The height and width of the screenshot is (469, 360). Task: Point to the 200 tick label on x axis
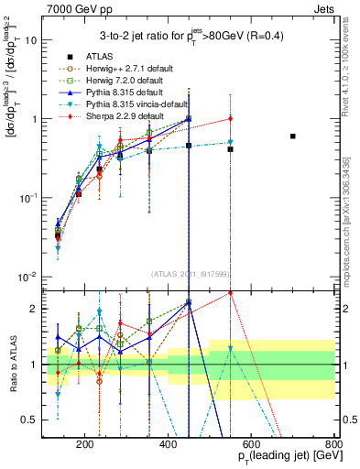coord(85,446)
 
